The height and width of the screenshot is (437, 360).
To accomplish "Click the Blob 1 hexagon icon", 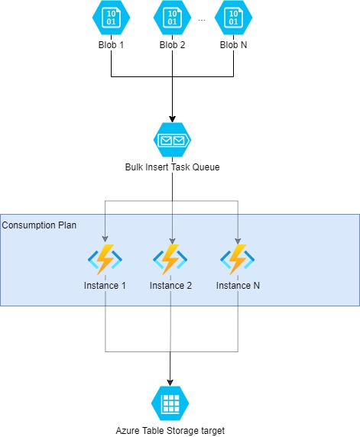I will (112, 18).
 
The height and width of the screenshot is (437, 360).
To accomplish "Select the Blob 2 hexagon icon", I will (173, 18).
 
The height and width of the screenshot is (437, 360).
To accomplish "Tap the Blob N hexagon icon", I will (233, 18).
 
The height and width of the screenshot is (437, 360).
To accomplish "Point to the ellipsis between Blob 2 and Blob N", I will (202, 20).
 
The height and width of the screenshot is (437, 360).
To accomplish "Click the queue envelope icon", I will (172, 140).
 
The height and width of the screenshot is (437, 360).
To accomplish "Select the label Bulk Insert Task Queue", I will (172, 167).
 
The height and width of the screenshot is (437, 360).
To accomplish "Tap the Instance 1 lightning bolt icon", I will (105, 260).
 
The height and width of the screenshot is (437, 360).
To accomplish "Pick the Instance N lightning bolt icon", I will (238, 260).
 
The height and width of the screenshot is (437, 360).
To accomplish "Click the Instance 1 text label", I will (105, 286).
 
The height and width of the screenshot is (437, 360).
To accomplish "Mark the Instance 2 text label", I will (171, 286).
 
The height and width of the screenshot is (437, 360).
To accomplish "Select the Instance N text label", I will (238, 286).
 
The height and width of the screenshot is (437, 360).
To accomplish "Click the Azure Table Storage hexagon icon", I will (170, 403).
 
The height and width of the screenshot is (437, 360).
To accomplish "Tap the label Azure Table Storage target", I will (170, 430).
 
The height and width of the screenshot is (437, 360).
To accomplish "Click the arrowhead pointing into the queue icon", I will (172, 118).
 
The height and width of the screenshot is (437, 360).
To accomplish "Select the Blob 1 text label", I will (112, 44).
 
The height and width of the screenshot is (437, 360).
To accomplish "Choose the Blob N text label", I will (233, 44).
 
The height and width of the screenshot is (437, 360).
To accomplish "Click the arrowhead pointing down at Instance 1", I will (105, 238).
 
